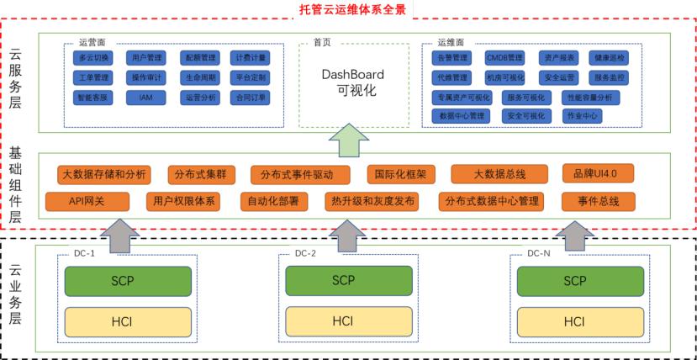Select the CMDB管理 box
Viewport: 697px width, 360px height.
(x=504, y=58)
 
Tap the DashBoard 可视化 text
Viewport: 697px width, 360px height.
(x=353, y=81)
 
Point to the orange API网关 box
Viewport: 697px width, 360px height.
(x=87, y=201)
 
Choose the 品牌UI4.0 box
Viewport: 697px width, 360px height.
(x=598, y=174)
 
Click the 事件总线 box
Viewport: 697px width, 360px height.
(x=598, y=201)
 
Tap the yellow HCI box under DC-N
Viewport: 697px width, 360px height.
(x=574, y=321)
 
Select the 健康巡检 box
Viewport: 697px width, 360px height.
(x=610, y=58)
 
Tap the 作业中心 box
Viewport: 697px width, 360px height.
(x=582, y=115)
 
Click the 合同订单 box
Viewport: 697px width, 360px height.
(x=250, y=98)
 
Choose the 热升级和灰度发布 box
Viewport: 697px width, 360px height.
(x=370, y=201)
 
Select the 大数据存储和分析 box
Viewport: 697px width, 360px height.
(x=104, y=174)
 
